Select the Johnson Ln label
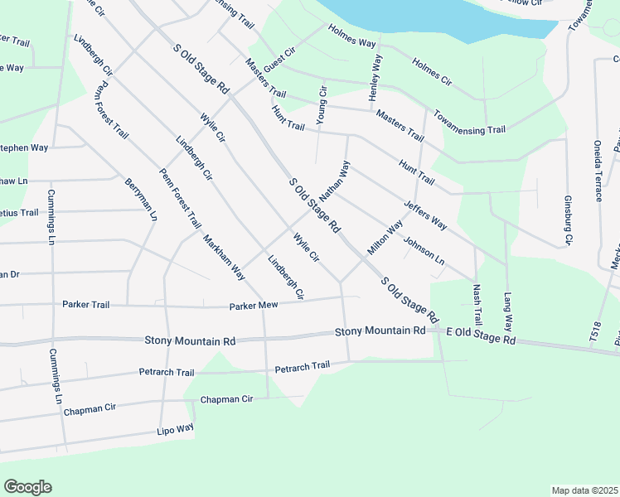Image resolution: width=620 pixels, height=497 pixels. pos(424,252)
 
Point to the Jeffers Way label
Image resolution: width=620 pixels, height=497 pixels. pos(425,214)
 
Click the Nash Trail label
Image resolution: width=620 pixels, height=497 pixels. pos(477,305)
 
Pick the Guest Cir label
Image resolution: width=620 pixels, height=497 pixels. pos(279,60)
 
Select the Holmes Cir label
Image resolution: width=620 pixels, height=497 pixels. pos(431,71)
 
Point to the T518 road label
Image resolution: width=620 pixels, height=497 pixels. pos(593,332)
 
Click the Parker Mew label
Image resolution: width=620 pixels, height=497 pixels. pos(253,307)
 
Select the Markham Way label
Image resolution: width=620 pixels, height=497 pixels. pos(224,256)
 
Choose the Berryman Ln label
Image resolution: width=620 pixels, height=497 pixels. pos(141,200)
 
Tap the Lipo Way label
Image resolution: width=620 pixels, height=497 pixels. pos(175,429)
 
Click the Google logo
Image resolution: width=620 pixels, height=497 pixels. pos(27,487)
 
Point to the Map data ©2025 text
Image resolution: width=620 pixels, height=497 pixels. pos(584,490)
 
